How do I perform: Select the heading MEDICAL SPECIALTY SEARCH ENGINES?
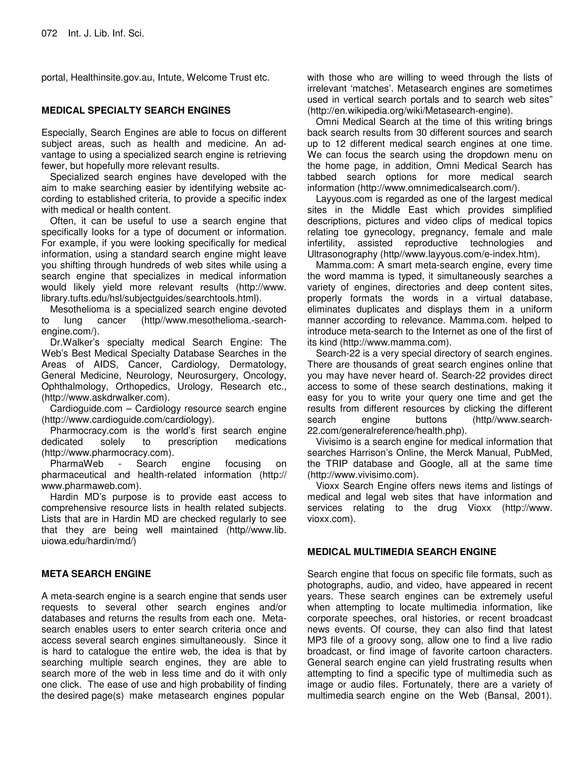tap(136, 111)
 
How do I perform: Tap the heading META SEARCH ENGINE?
tap(96, 574)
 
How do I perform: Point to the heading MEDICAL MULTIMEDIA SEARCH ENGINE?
tap(402, 552)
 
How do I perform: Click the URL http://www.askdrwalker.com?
tap(104, 397)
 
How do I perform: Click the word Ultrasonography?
tap(343, 254)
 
